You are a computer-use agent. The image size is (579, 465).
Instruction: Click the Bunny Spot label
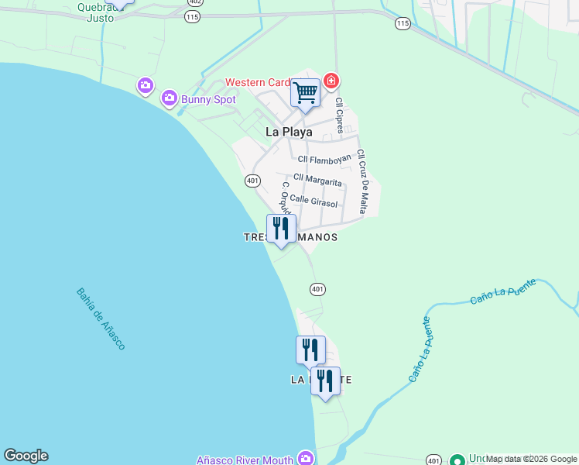pyautogui.click(x=208, y=99)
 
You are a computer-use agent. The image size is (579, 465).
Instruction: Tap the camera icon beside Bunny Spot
pyautogui.click(x=170, y=98)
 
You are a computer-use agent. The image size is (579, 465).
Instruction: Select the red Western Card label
pyautogui.click(x=257, y=83)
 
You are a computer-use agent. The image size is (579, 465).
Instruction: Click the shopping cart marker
pyautogui.click(x=305, y=93)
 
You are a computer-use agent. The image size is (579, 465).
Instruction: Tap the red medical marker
pyautogui.click(x=331, y=81)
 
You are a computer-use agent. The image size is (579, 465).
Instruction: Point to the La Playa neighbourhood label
pyautogui.click(x=289, y=132)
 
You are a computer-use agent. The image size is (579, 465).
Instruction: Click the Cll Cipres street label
pyautogui.click(x=339, y=115)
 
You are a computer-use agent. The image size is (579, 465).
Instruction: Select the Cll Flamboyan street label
pyautogui.click(x=324, y=160)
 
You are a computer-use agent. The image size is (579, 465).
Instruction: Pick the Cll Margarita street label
pyautogui.click(x=317, y=180)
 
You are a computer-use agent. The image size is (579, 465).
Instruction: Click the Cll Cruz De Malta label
pyautogui.click(x=361, y=182)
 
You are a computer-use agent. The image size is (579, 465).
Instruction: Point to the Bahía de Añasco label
pyautogui.click(x=101, y=319)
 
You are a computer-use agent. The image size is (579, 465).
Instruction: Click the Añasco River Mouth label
pyautogui.click(x=245, y=460)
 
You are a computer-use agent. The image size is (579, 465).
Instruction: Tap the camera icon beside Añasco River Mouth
pyautogui.click(x=307, y=459)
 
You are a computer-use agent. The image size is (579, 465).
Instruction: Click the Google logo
pyautogui.click(x=26, y=456)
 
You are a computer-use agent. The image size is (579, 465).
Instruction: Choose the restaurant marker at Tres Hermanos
pyautogui.click(x=281, y=229)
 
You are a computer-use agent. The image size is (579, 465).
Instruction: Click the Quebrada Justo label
pyautogui.click(x=101, y=12)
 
